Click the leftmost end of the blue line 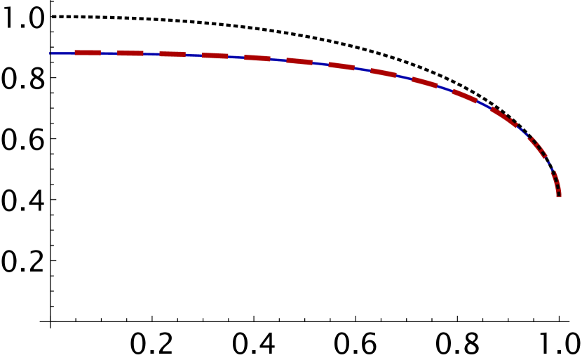[50, 53]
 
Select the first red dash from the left [88, 53]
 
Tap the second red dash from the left [130, 53]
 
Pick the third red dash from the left [172, 54]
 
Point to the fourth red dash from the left [215, 55]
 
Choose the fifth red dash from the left [257, 58]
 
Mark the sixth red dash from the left [299, 62]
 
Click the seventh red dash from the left [341, 67]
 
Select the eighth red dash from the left [384, 73]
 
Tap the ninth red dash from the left [425, 83]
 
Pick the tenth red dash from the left [465, 96]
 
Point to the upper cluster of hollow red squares [537, 146]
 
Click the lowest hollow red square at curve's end [559, 194]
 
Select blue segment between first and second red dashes [109, 53]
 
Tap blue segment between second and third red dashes [151, 54]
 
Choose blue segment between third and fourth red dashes [194, 55]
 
